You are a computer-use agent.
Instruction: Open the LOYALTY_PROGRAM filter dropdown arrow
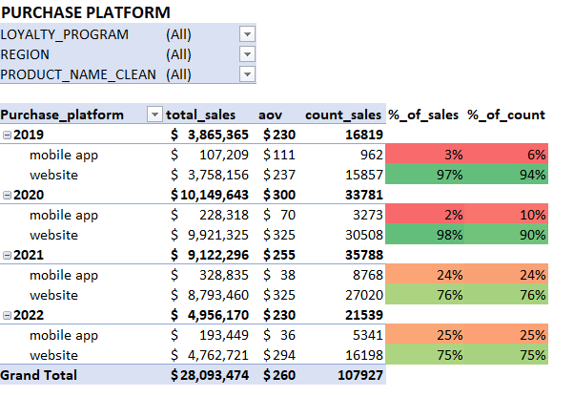[x=248, y=34]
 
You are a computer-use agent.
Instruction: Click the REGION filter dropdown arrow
[x=248, y=54]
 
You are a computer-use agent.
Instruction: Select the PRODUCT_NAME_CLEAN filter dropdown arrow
[x=248, y=74]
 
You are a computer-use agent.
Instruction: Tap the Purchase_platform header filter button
[x=154, y=115]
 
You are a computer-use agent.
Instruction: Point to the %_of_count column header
[x=505, y=115]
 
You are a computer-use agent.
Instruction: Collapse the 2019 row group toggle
[x=8, y=136]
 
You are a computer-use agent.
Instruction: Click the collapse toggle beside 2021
[x=8, y=255]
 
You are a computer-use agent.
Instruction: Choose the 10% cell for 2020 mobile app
[x=505, y=215]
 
